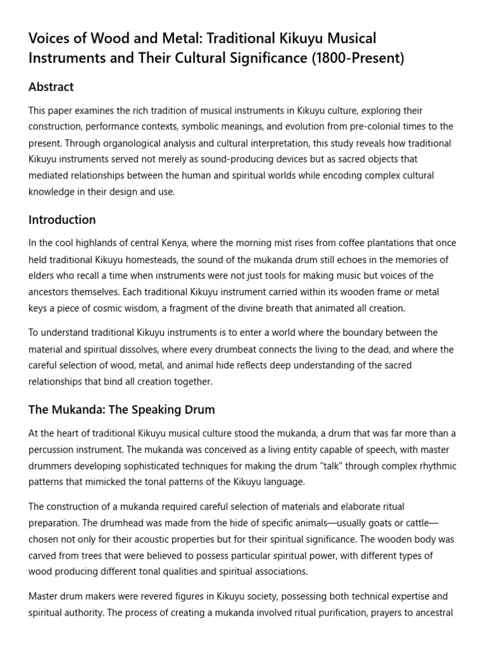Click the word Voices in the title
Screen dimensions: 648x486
click(x=47, y=39)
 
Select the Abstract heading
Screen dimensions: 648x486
click(x=51, y=87)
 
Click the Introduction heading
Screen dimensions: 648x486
click(x=62, y=220)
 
